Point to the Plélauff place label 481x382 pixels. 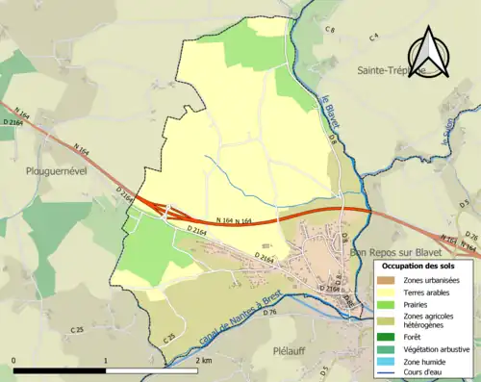click(290, 350)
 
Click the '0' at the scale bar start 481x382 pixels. click(14, 360)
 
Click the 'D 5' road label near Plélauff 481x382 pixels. click(325, 369)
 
